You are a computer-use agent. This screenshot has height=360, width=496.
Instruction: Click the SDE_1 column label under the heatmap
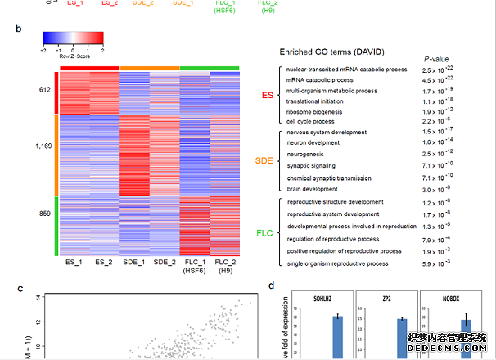[135, 263]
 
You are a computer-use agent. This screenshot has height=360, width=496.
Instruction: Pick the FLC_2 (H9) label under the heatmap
[224, 268]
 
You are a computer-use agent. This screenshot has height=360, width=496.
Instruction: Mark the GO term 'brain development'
[313, 188]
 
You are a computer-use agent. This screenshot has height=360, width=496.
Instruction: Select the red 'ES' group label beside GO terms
[267, 96]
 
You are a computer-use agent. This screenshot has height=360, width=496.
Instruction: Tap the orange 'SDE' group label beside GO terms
[265, 160]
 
